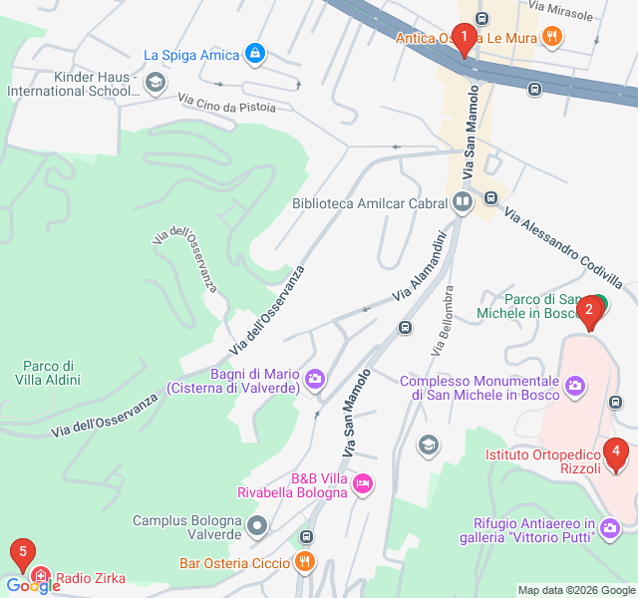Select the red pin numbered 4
616,454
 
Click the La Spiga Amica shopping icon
254,53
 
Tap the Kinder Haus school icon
155,83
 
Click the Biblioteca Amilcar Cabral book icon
462,203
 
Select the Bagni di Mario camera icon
315,378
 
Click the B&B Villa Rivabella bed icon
363,483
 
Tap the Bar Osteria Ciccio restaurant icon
306,563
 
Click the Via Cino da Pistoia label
226,103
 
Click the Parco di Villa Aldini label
47,372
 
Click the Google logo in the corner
33,586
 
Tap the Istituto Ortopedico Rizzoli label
543,461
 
